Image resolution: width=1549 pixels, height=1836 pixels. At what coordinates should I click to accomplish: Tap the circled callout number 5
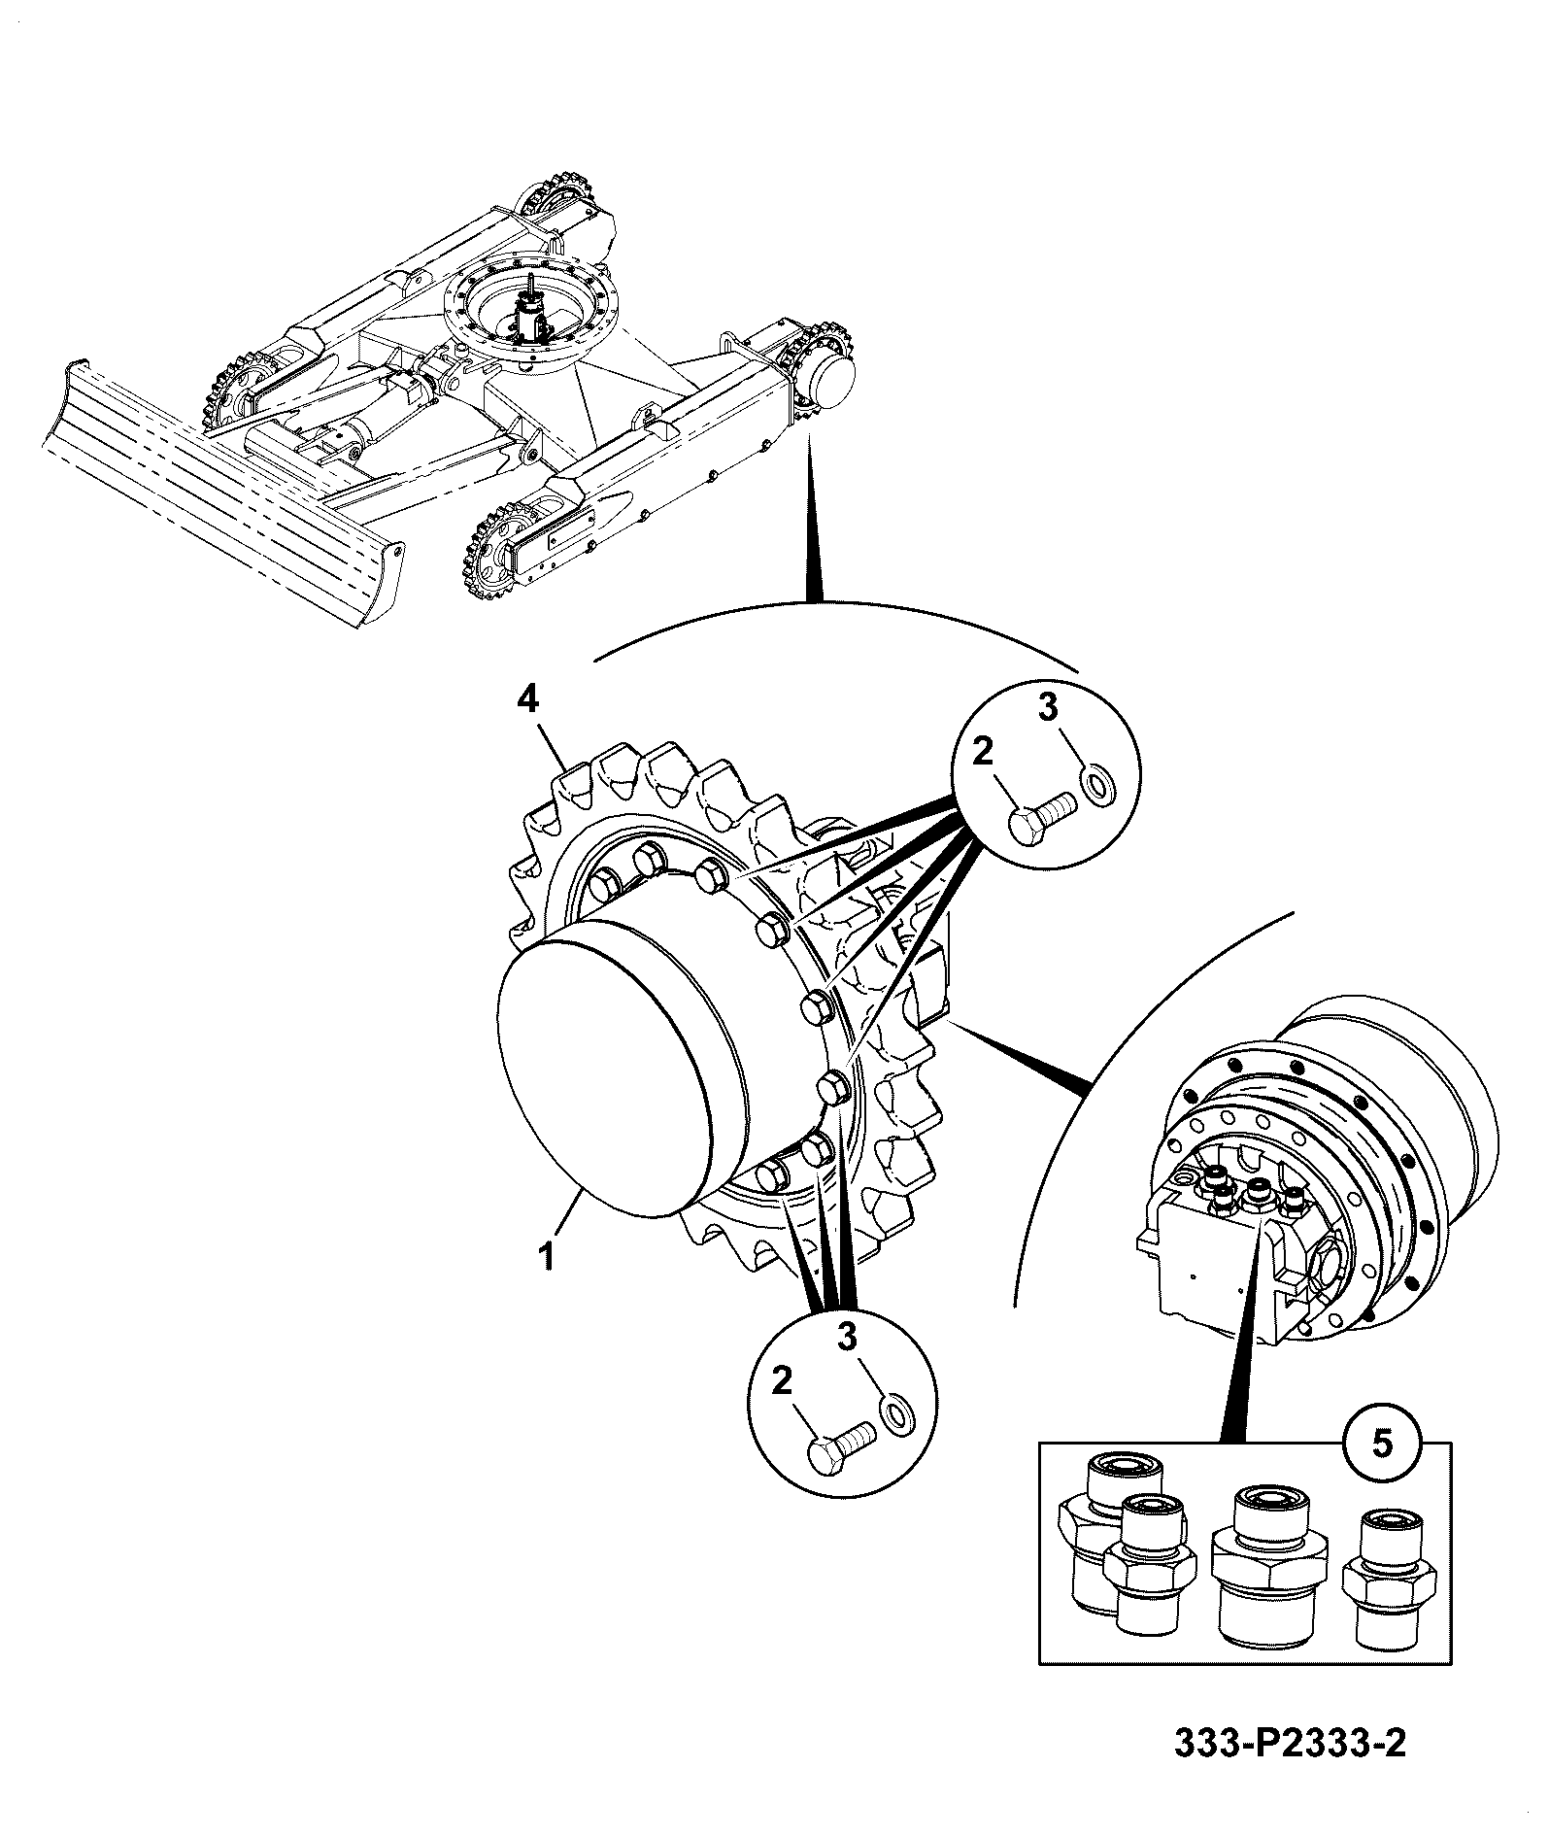pyautogui.click(x=1381, y=1443)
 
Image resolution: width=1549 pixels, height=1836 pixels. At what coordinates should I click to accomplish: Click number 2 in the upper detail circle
pyautogui.click(x=984, y=753)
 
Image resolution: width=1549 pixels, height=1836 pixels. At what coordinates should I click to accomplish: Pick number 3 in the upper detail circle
pyautogui.click(x=1048, y=708)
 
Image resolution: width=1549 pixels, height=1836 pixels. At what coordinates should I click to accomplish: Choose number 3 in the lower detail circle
pyautogui.click(x=848, y=1338)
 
